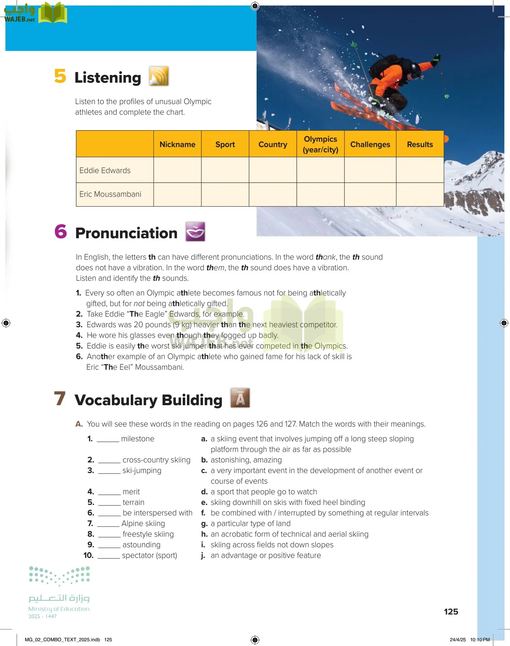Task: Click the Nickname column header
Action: point(177,144)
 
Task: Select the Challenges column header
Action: point(370,144)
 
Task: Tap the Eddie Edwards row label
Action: point(105,170)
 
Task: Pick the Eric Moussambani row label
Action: point(110,194)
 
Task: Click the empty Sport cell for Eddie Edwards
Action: point(225,170)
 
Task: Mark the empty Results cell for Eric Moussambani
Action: point(420,195)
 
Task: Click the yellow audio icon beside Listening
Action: point(159,76)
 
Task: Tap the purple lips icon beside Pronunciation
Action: point(195,231)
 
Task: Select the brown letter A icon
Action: point(240,398)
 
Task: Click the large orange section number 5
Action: point(60,76)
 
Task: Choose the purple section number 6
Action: point(61,231)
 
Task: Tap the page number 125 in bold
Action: point(451,612)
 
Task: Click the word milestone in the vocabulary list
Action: point(137,439)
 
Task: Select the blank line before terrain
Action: point(109,502)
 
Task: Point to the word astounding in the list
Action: point(141,545)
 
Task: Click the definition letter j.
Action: point(203,556)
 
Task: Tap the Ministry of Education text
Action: point(59,609)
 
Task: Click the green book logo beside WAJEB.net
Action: point(53,13)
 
